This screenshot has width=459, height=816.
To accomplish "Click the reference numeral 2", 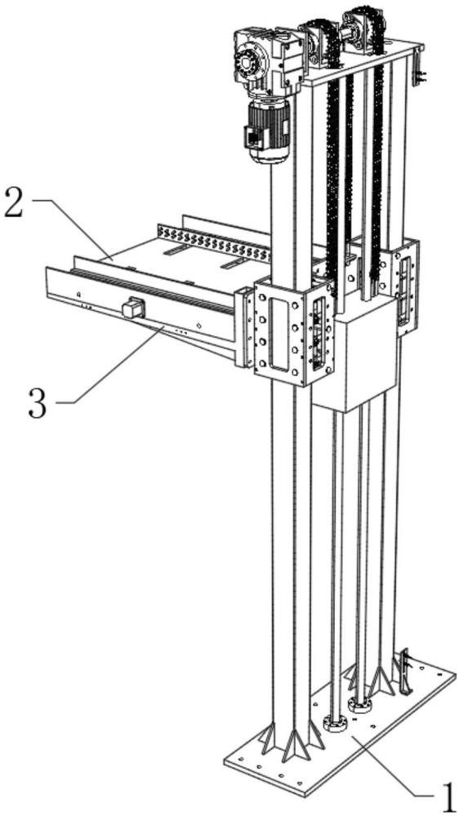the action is pos(14,202).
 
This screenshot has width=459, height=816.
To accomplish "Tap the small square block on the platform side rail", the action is pos(133,308).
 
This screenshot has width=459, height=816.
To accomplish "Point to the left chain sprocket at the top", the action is pos(319,41).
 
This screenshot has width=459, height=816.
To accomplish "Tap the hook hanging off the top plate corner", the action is pos(417,69).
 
